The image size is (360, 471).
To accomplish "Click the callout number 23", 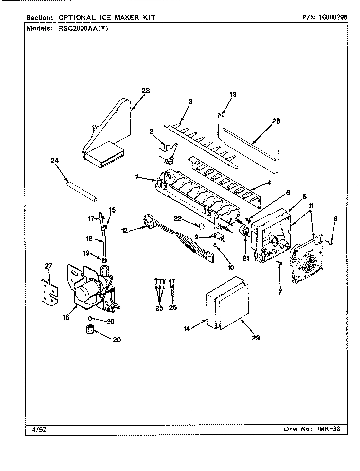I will click(x=146, y=91).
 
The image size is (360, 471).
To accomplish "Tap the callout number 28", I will click(x=276, y=121).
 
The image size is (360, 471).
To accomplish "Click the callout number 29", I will click(x=256, y=338).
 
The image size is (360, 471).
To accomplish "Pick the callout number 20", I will click(x=117, y=340).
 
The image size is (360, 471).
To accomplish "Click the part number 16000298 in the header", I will click(x=330, y=17).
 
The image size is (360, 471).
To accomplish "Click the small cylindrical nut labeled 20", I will click(x=89, y=329).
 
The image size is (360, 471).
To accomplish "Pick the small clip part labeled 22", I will click(x=202, y=226).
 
